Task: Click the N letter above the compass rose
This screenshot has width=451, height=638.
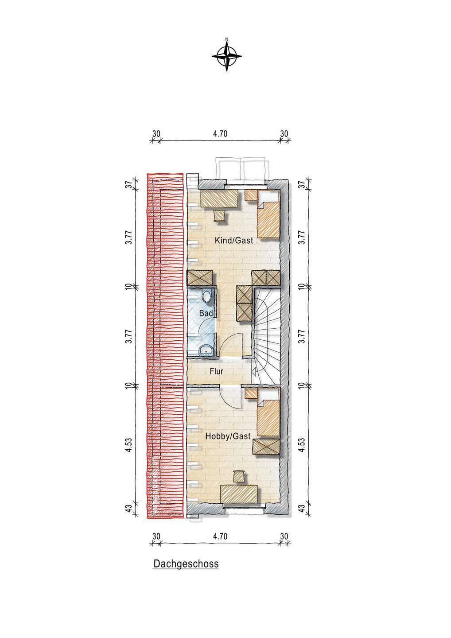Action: tap(227, 39)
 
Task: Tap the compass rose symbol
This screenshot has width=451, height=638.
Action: tap(227, 56)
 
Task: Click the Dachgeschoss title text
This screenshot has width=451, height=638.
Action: tap(186, 564)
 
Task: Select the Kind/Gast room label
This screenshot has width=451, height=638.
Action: tap(234, 241)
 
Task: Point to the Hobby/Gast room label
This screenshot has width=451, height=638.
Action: tap(228, 436)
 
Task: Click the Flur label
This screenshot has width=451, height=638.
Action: tap(216, 371)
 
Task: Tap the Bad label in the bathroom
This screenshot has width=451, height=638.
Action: tap(206, 313)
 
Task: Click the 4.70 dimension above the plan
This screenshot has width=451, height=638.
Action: tap(220, 134)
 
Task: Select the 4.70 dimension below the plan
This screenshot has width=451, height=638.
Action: tap(220, 536)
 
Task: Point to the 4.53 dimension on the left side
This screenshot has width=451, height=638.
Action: tap(129, 445)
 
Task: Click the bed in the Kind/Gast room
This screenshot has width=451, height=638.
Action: tap(268, 214)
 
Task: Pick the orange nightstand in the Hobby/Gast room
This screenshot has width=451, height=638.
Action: tap(251, 393)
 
